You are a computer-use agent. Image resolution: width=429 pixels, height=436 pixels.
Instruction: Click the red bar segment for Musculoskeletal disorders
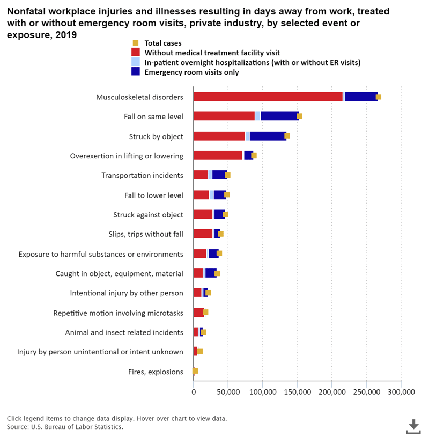(x=268, y=97)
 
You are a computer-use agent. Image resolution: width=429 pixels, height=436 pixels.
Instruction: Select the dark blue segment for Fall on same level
(x=279, y=116)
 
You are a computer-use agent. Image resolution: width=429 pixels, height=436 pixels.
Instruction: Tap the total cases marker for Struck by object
(x=287, y=136)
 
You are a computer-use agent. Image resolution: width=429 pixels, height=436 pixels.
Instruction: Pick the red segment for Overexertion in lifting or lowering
(x=218, y=156)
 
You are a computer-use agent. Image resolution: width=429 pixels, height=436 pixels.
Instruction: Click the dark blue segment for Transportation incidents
(x=219, y=175)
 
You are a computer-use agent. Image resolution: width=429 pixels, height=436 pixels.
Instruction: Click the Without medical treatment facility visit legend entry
(x=212, y=53)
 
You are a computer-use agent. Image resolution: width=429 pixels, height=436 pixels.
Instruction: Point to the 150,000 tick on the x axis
(x=297, y=393)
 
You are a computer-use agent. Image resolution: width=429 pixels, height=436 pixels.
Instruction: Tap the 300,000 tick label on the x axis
(x=401, y=393)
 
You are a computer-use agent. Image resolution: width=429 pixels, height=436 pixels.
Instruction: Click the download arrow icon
(x=413, y=426)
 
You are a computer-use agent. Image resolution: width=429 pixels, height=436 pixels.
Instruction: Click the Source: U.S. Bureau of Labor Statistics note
(x=65, y=427)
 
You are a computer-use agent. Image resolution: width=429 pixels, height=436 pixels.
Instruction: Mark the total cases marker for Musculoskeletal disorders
(x=379, y=97)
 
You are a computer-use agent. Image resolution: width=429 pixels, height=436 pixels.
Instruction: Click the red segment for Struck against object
(x=203, y=215)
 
